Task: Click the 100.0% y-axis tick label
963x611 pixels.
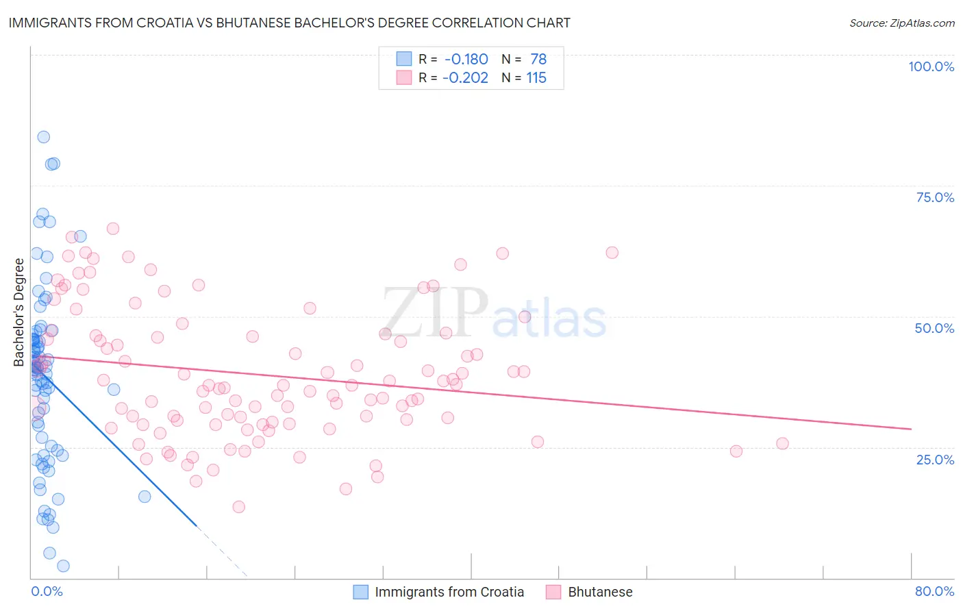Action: [x=931, y=66]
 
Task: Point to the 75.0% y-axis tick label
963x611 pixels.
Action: [x=935, y=197]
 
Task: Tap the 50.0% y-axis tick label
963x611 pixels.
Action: [x=934, y=328]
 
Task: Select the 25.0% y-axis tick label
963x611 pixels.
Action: [x=935, y=459]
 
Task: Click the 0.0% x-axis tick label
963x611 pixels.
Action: [x=47, y=591]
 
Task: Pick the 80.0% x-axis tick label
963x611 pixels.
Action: [x=934, y=591]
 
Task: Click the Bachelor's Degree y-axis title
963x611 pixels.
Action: [x=19, y=312]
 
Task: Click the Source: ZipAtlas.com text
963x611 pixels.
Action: [x=901, y=23]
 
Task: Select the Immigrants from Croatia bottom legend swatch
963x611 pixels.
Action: [x=361, y=592]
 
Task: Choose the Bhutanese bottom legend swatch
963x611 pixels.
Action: [x=554, y=592]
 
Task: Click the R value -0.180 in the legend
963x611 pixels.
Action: [x=466, y=59]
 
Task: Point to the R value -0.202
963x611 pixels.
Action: [x=465, y=77]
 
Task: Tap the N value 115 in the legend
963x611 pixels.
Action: [x=536, y=77]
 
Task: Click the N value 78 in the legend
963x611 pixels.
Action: [x=538, y=59]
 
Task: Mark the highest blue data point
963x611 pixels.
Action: [x=43, y=137]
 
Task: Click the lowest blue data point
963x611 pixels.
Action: [x=63, y=566]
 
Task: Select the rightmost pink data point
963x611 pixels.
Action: [x=782, y=443]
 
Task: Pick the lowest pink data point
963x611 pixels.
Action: [x=238, y=507]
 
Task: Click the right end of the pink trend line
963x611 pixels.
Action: [x=911, y=429]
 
